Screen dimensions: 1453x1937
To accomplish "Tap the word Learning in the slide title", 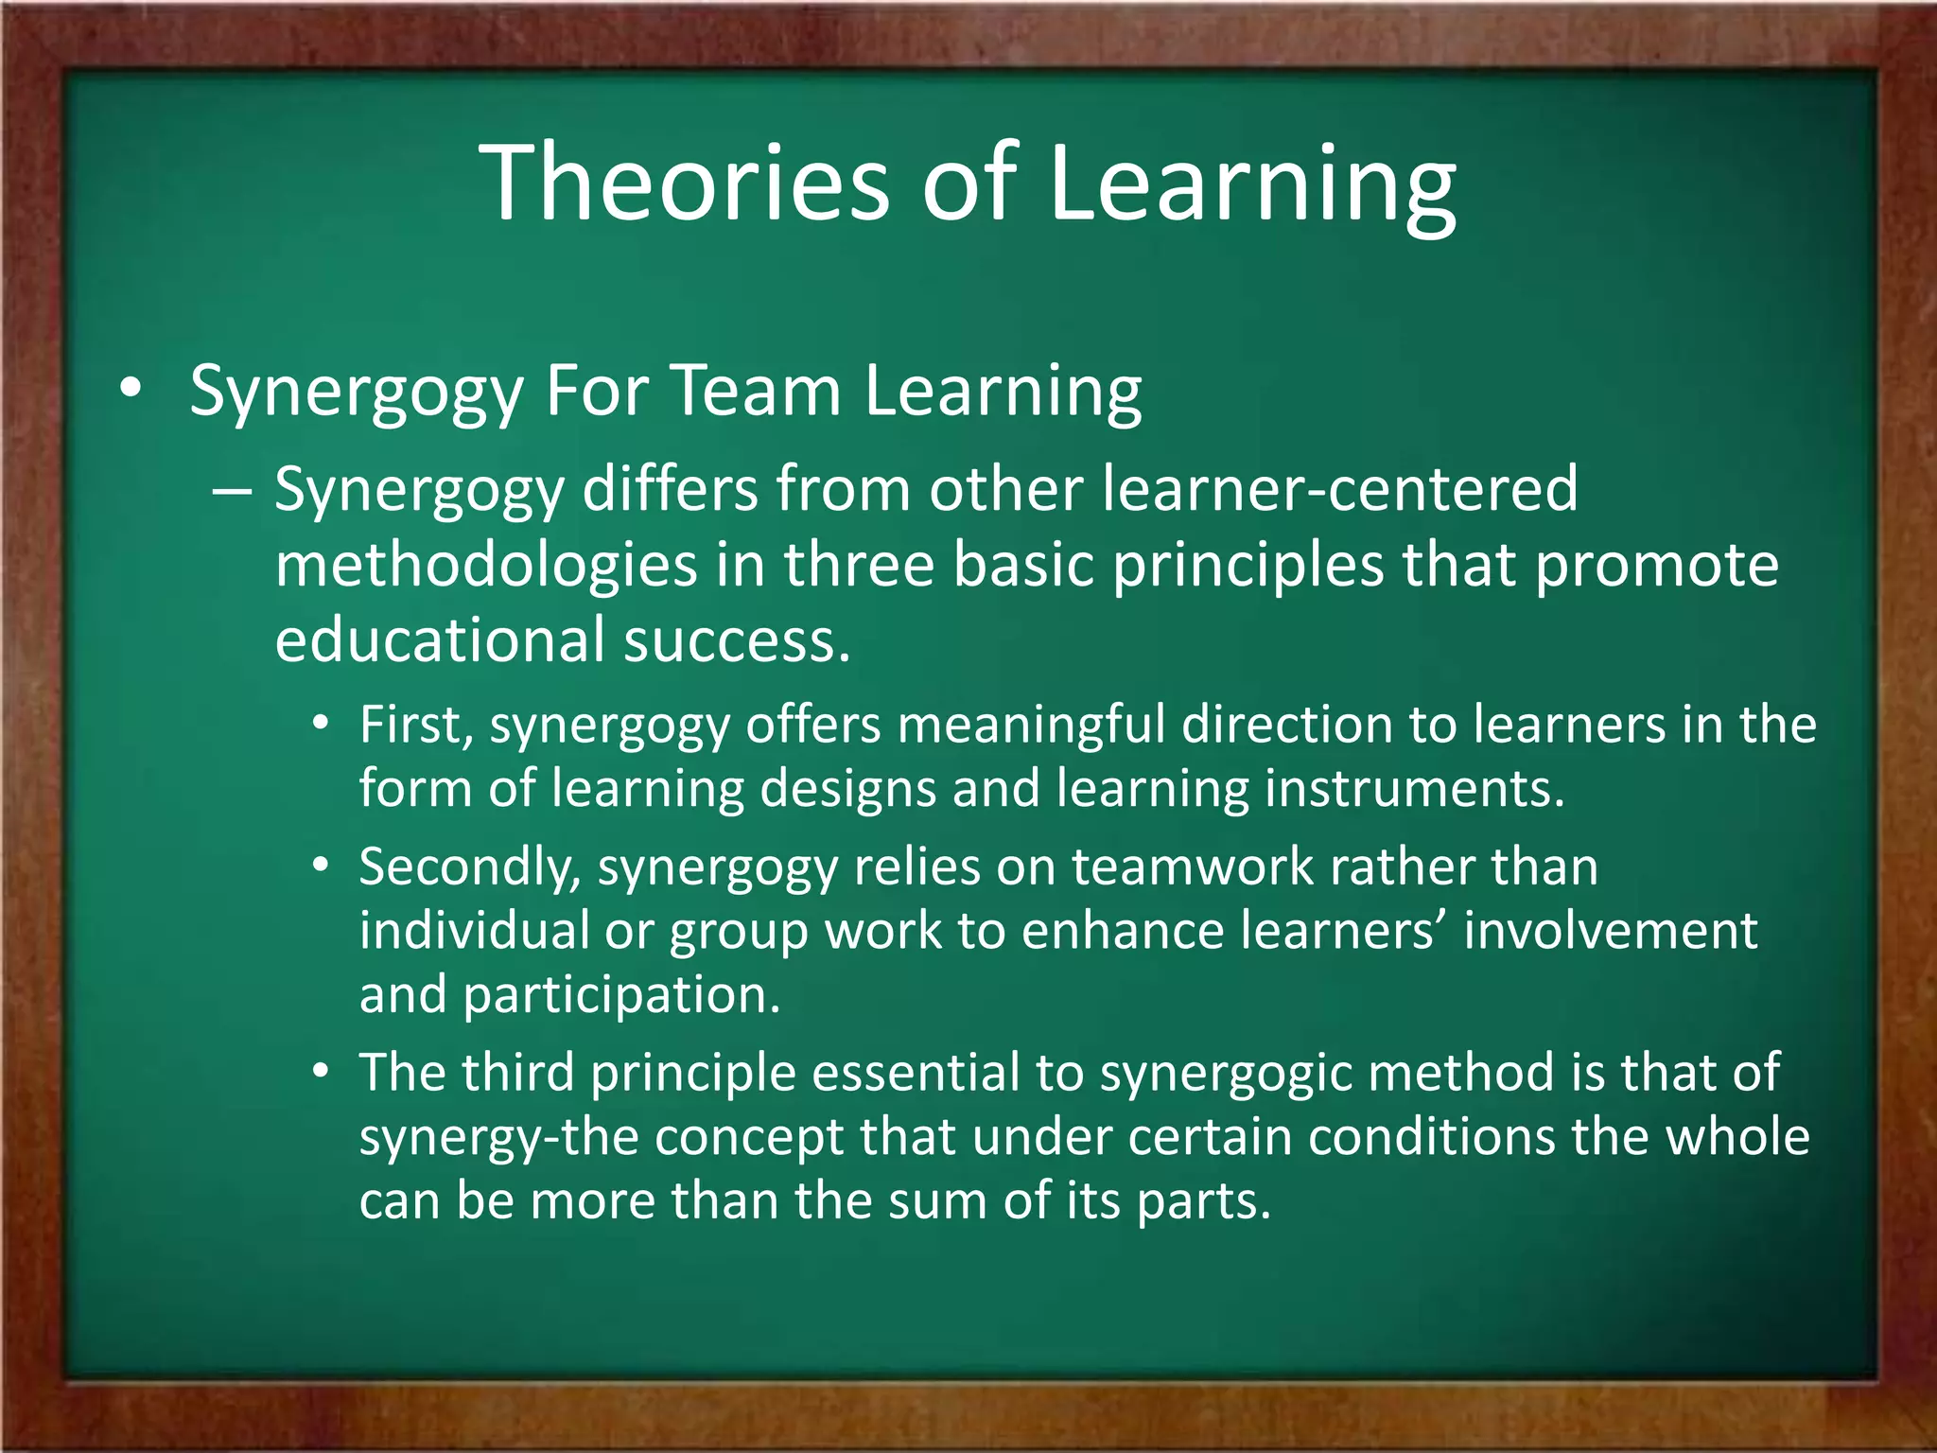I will tap(1252, 185).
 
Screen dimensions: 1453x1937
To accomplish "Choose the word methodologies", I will tap(485, 565).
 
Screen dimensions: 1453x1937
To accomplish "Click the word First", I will tap(414, 726).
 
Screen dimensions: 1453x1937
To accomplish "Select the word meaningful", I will tap(1031, 726).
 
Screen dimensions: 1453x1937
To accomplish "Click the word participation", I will tap(621, 995).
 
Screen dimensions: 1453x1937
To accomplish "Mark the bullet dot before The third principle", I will tap(322, 1072).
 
